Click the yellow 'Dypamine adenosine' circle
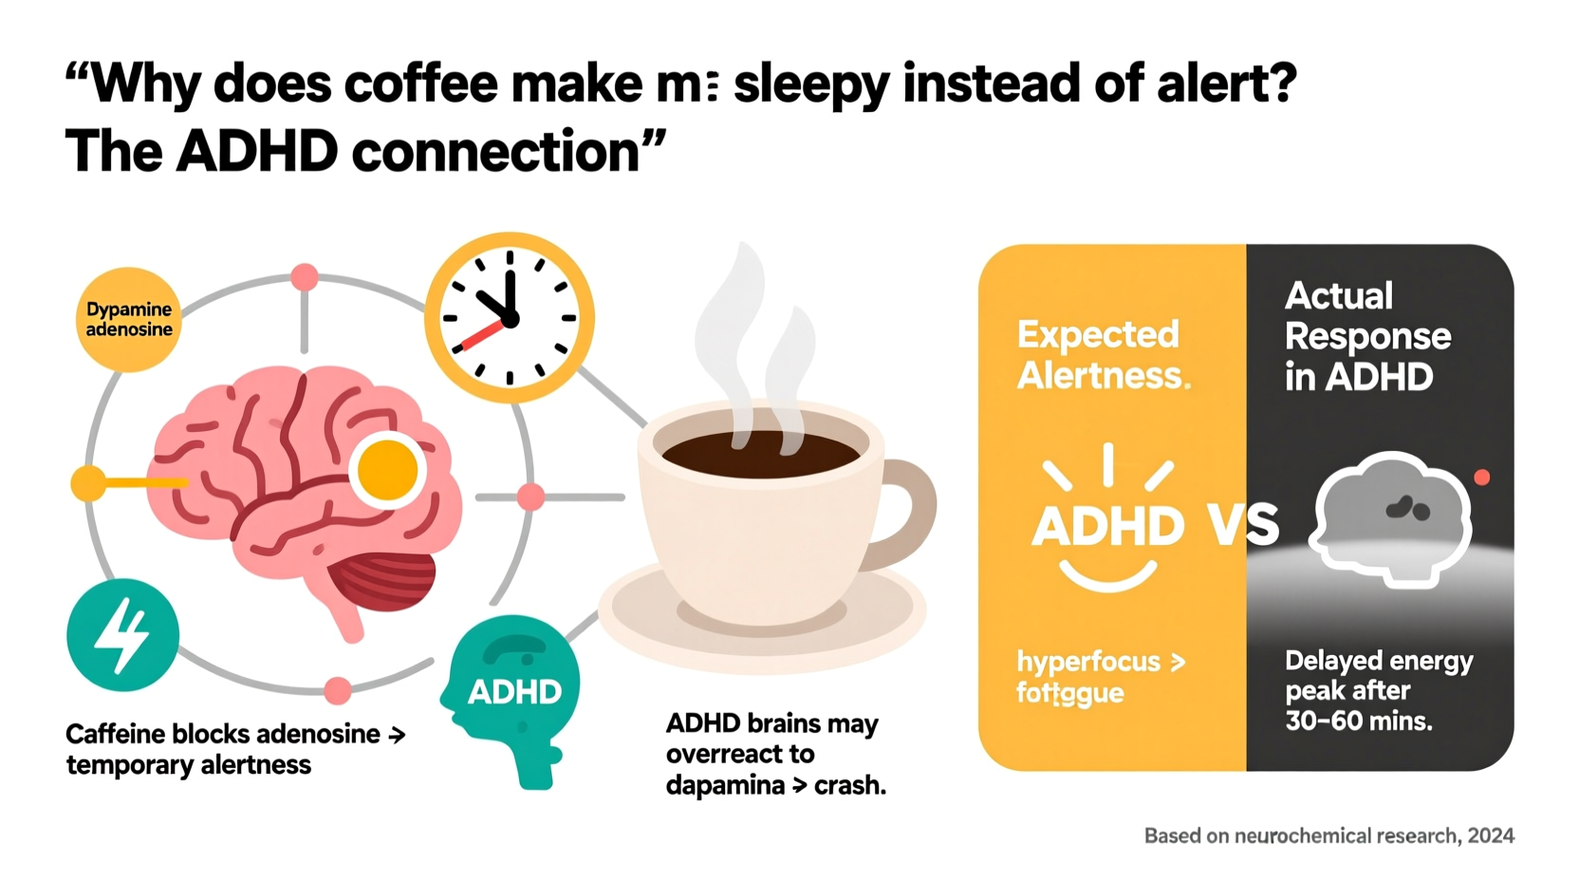click(x=128, y=320)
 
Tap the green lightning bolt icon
click(x=123, y=635)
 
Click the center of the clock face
click(x=510, y=319)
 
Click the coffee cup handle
click(x=905, y=514)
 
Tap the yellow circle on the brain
click(x=387, y=470)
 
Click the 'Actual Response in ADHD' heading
click(x=1366, y=336)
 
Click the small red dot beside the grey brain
click(x=1481, y=478)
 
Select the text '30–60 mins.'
click(x=1359, y=721)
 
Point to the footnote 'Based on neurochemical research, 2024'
click(x=1328, y=835)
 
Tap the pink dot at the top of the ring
click(x=305, y=277)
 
